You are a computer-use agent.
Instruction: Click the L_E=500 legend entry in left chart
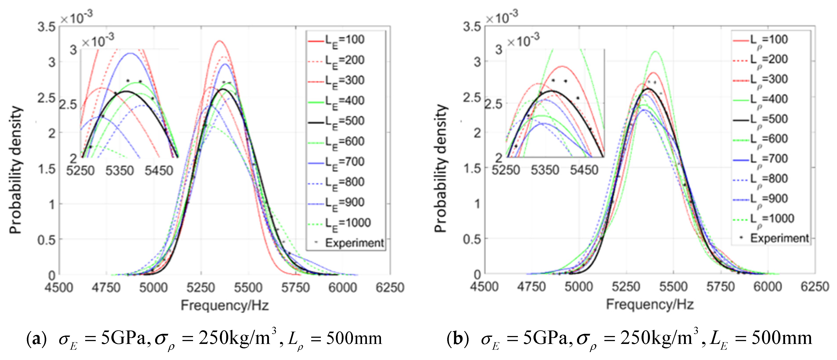pos(344,121)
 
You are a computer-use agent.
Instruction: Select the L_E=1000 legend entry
pos(348,223)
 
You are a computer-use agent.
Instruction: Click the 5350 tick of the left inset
pos(120,171)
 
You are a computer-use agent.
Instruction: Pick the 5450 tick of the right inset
pos(584,170)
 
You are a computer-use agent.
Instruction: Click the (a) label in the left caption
pos(36,339)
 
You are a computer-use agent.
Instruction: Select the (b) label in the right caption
pos(458,339)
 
